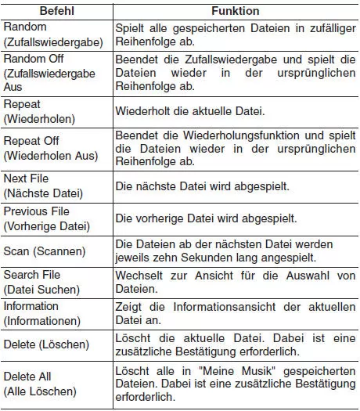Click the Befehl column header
(55, 11)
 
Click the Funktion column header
(236, 11)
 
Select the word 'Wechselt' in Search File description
(139, 275)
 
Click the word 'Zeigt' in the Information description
(129, 306)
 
